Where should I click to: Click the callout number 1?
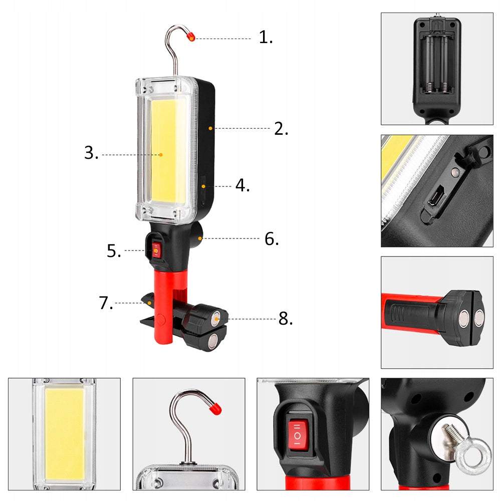[x=266, y=37]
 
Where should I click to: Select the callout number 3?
[x=91, y=153]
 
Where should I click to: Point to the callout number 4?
[x=242, y=185]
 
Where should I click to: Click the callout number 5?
[x=114, y=251]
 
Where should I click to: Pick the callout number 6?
[x=272, y=238]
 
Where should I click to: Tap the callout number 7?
[x=106, y=303]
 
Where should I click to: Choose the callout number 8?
[x=286, y=319]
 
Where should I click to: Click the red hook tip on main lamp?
[x=190, y=37]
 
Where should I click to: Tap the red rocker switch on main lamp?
[x=156, y=249]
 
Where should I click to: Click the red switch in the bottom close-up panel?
[x=298, y=436]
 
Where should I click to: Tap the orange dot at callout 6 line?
[x=200, y=238]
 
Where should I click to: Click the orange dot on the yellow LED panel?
[x=161, y=155]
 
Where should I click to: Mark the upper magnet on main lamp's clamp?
[x=216, y=318]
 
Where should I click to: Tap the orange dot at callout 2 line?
[x=210, y=128]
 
